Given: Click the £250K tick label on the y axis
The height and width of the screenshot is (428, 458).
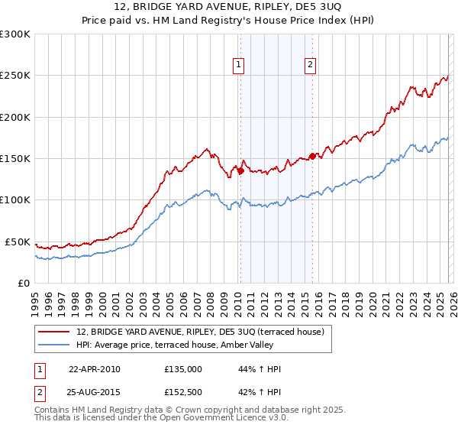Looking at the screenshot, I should (x=15, y=76).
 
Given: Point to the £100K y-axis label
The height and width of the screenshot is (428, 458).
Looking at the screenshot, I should (x=15, y=200).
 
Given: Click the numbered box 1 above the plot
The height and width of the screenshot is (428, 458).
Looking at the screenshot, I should (x=239, y=66).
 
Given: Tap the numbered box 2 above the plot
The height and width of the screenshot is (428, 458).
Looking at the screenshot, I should (x=311, y=66).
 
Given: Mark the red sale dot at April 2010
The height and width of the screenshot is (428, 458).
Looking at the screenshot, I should (x=240, y=171).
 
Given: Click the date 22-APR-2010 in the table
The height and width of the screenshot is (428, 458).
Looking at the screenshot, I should (x=94, y=369).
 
